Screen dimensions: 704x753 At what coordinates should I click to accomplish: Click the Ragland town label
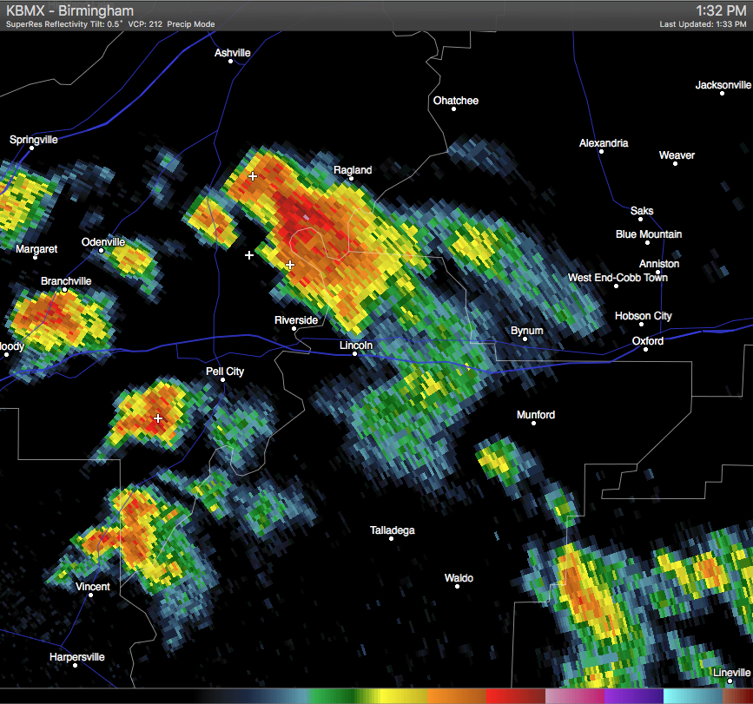353,170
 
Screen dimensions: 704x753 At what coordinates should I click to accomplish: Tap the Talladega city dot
392,538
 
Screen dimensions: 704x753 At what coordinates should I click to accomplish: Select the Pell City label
224,372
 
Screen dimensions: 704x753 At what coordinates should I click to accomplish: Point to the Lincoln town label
356,345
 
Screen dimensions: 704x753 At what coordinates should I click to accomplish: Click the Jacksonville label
723,85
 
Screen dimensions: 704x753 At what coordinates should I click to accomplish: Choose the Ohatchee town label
456,101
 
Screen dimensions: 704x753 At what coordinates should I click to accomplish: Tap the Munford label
536,415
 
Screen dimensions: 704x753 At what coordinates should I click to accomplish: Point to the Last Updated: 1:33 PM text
703,24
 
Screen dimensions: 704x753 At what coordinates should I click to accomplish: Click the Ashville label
233,53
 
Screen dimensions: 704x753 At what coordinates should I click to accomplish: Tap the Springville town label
34,140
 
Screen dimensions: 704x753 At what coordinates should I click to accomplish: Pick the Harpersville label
77,657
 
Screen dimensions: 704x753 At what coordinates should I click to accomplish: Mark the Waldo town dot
459,588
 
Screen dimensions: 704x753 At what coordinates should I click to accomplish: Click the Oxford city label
648,341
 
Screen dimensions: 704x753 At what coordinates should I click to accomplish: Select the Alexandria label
604,143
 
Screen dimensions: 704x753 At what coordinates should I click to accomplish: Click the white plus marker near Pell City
158,418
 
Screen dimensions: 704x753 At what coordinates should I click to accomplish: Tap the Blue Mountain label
649,234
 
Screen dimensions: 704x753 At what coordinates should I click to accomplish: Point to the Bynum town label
527,331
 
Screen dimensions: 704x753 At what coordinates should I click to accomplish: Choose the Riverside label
296,320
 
